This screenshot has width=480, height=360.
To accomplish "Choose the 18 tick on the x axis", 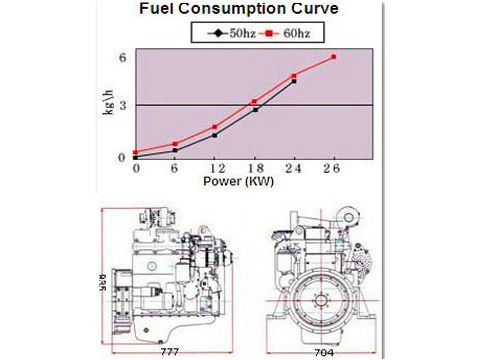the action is (254, 168).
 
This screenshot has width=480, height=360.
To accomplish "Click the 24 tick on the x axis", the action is (294, 168).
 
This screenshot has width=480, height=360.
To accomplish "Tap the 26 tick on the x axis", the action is (333, 168).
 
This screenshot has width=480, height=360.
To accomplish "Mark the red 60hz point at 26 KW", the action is (333, 57).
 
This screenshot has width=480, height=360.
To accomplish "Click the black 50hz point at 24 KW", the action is (294, 82).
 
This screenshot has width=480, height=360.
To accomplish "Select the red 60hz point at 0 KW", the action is (136, 152).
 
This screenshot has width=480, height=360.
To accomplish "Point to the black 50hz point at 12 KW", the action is (215, 135).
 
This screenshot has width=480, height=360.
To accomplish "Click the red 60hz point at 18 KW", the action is (255, 101).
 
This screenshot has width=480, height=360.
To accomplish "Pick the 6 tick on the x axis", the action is (176, 168).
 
